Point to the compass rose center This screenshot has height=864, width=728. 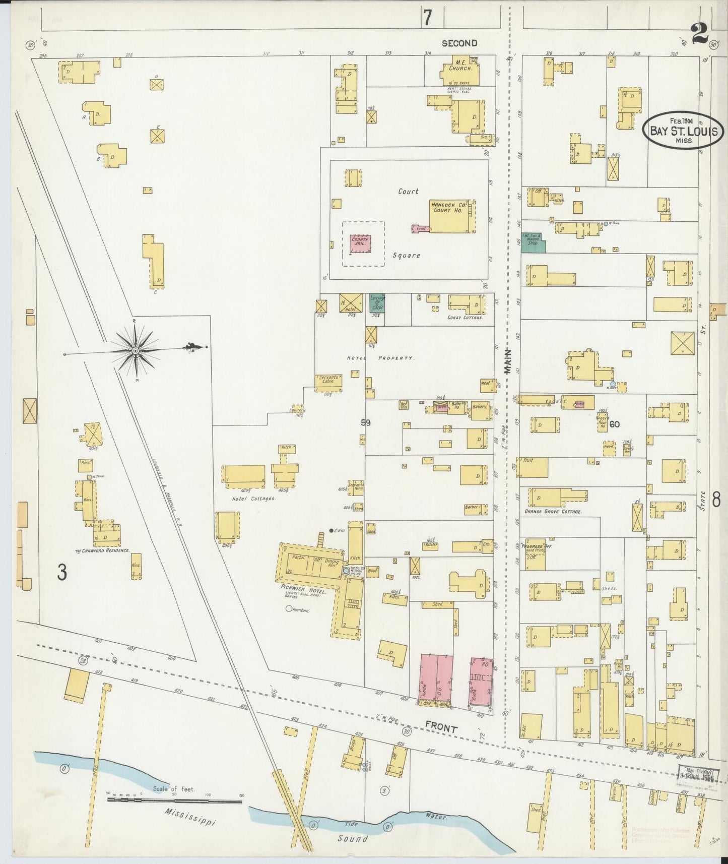pos(136,350)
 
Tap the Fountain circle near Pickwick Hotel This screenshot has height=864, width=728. pos(289,609)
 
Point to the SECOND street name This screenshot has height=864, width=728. pos(459,43)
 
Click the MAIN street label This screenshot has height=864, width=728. pos(508,362)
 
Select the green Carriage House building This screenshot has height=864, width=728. pos(377,303)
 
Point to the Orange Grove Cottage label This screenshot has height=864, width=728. pos(552,511)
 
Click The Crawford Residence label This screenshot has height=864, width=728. pos(102,550)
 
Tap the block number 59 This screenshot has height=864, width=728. pos(365,423)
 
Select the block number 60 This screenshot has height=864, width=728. pos(614,424)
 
